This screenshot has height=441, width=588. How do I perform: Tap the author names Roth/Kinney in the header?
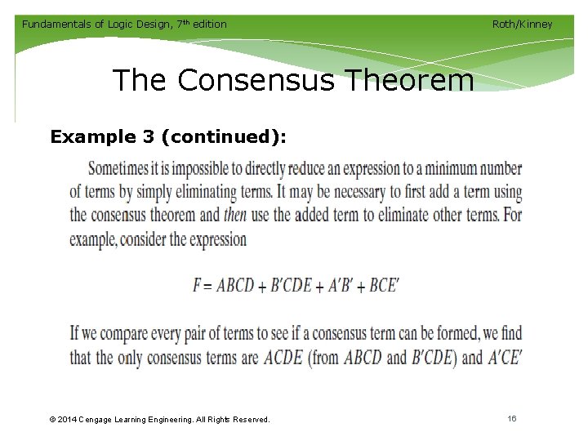(522, 24)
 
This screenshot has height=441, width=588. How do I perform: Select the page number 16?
(512, 419)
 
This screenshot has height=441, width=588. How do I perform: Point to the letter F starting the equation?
(198, 286)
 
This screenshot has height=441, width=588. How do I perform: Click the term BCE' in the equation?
(385, 286)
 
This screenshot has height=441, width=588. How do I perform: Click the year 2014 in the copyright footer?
(69, 420)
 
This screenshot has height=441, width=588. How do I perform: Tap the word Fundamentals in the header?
(56, 24)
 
